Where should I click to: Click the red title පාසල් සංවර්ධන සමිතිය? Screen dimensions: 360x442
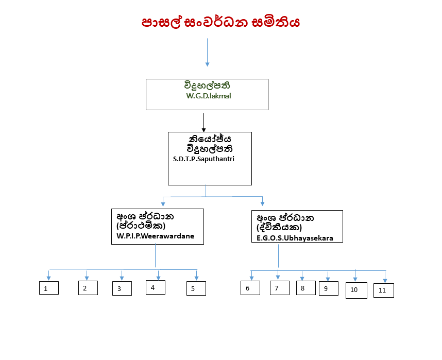click(220, 23)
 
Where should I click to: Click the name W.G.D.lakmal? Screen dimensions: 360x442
click(209, 96)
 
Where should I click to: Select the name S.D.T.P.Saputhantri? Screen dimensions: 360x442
click(204, 159)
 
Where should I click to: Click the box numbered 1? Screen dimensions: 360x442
click(49, 288)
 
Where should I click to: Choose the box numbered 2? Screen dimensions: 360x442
click(88, 288)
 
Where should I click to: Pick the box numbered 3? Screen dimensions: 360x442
click(122, 289)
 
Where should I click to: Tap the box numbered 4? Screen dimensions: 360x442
click(156, 287)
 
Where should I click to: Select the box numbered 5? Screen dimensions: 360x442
click(196, 288)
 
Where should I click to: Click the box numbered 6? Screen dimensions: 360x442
click(250, 288)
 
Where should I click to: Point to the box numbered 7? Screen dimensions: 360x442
click(280, 288)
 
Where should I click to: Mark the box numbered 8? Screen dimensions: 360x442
click(305, 288)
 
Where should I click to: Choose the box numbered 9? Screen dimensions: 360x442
click(328, 288)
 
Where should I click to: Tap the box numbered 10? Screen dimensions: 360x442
click(356, 290)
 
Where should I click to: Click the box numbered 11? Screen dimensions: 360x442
click(383, 290)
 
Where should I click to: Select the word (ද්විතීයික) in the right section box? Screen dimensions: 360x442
click(279, 227)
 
